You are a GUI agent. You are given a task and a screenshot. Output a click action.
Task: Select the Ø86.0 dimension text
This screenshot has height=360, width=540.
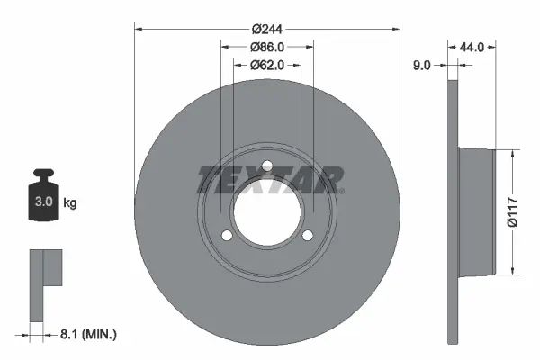pos(267,47)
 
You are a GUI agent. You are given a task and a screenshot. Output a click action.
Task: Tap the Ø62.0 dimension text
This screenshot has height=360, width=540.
pos(267,65)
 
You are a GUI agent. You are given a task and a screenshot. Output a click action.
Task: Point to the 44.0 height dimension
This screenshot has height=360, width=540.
pos(473,47)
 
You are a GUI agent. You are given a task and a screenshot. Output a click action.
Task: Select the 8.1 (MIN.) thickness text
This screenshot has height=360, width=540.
pos(87,335)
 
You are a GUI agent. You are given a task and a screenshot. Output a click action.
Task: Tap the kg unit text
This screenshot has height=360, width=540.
pos(70,203)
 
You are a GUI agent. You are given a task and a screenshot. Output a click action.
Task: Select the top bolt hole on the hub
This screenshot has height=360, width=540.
pos(267,166)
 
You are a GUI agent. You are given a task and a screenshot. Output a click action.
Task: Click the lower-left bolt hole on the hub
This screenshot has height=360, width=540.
pos(227,236)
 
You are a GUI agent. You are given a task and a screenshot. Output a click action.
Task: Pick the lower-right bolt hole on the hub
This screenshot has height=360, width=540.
pos(308,236)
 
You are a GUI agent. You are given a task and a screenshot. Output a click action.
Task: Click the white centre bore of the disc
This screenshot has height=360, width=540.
pos(267,212)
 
